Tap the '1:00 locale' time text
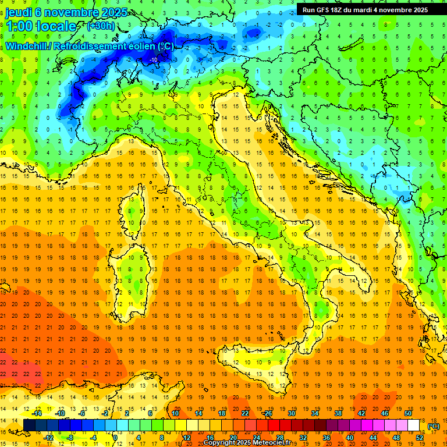click(x=41, y=26)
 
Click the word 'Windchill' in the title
click(x=27, y=46)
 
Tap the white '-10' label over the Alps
click(x=153, y=59)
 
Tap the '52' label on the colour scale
click(x=419, y=438)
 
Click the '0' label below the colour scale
click(x=115, y=438)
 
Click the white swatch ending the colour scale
click(x=413, y=425)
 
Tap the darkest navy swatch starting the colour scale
click(x=29, y=425)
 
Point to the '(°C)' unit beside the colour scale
click(x=433, y=425)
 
